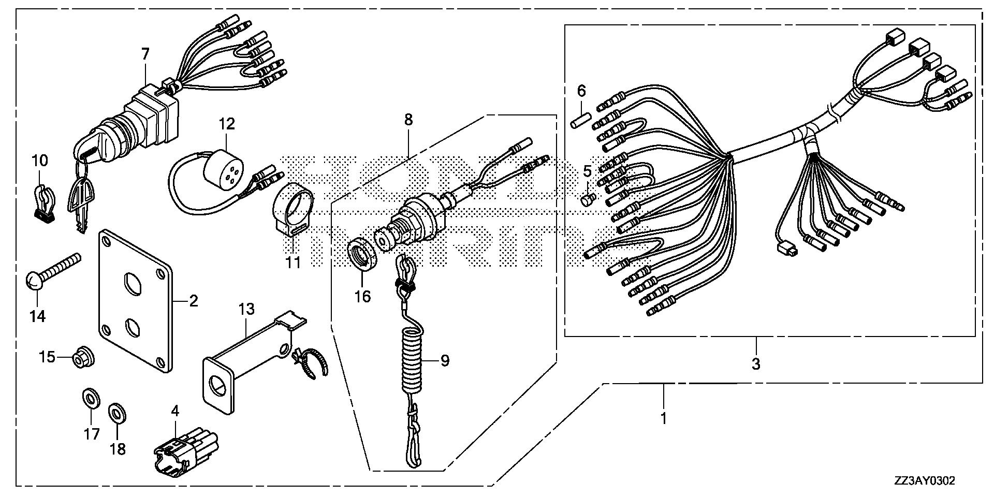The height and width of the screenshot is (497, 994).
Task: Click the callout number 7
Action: pyautogui.click(x=145, y=53)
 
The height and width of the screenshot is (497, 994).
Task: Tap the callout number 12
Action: pyautogui.click(x=227, y=124)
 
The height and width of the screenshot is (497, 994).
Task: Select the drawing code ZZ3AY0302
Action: pyautogui.click(x=924, y=481)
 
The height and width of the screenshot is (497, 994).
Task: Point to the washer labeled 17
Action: pyautogui.click(x=92, y=399)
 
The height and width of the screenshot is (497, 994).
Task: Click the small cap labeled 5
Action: pyautogui.click(x=587, y=199)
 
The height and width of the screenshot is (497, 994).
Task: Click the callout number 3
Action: pyautogui.click(x=756, y=364)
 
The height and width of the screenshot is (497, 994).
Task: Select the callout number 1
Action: pyautogui.click(x=664, y=417)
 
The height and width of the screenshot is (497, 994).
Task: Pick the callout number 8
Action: pyautogui.click(x=408, y=120)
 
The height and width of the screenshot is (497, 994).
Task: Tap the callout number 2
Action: pyautogui.click(x=193, y=301)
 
